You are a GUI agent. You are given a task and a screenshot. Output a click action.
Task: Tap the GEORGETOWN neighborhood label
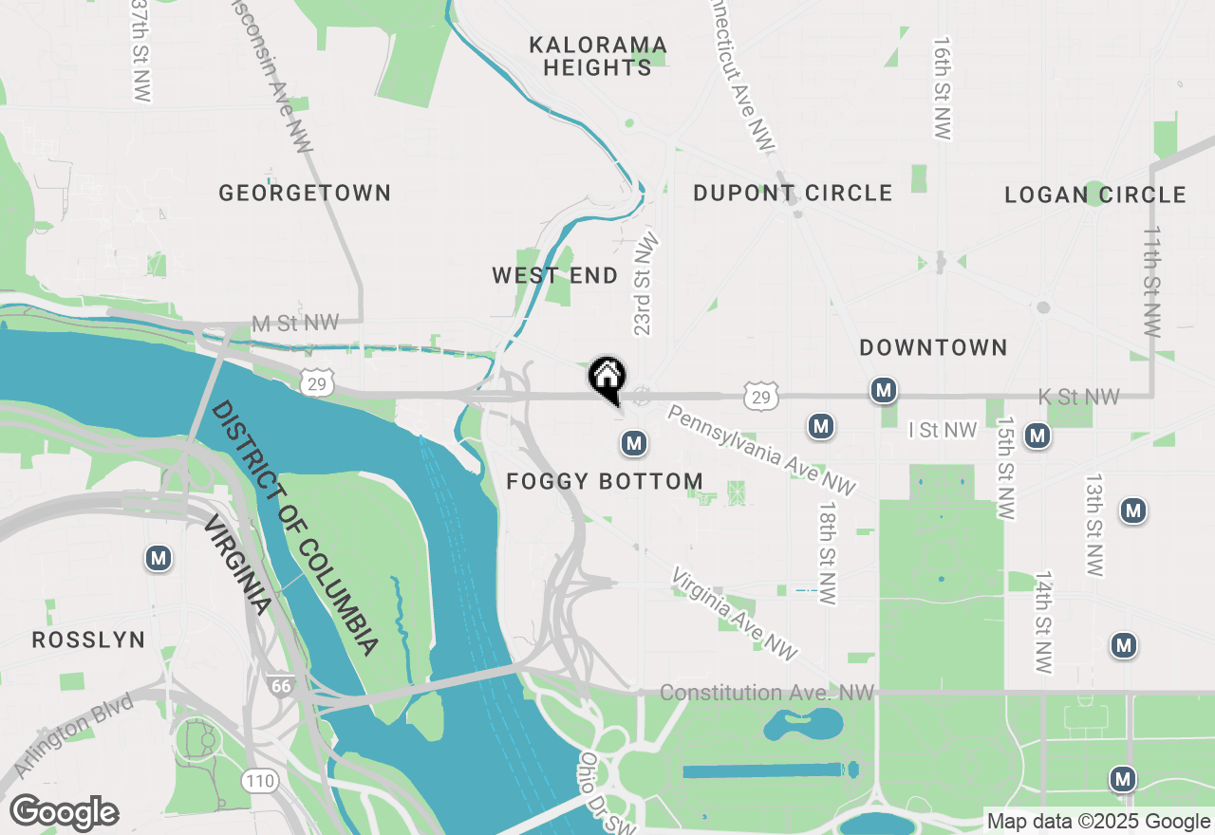pyautogui.click(x=305, y=194)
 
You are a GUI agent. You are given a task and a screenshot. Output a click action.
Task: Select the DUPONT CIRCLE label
pyautogui.click(x=793, y=194)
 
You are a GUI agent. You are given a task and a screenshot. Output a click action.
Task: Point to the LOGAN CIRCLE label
pyautogui.click(x=1095, y=195)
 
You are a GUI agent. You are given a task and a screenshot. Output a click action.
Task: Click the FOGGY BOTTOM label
pyautogui.click(x=605, y=482)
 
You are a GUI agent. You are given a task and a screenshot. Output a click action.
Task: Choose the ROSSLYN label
pyautogui.click(x=89, y=640)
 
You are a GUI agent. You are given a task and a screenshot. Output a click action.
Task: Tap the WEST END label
pyautogui.click(x=554, y=276)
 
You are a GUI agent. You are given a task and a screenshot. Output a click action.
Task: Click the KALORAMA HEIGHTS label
pyautogui.click(x=598, y=57)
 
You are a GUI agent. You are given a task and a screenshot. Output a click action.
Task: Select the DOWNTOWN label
pyautogui.click(x=933, y=348)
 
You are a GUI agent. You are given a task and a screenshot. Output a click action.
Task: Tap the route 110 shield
pyautogui.click(x=260, y=782)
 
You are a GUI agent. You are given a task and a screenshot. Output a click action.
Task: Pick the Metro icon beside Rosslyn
pyautogui.click(x=159, y=559)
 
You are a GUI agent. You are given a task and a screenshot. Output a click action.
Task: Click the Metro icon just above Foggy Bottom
pyautogui.click(x=634, y=442)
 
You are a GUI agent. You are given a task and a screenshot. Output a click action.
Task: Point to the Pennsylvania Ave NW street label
pyautogui.click(x=761, y=450)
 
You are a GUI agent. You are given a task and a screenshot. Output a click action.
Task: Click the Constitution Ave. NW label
pyautogui.click(x=767, y=694)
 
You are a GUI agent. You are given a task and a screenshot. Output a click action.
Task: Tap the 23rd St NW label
pyautogui.click(x=645, y=286)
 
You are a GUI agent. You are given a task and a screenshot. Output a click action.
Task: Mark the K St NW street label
pyautogui.click(x=1079, y=398)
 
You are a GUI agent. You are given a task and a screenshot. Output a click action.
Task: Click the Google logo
pyautogui.click(x=65, y=813)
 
